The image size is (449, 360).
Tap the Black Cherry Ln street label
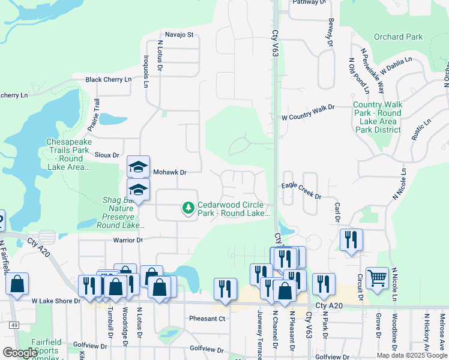pos(108,79)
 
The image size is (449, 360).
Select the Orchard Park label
pos(398,37)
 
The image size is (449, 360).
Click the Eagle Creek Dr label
pos(301,196)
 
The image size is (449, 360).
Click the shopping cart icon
pos(377,277)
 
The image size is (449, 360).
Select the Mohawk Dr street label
pos(170,172)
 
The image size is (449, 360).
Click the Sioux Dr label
pos(107,154)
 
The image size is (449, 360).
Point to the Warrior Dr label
pos(128,240)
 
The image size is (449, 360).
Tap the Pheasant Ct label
pos(206,319)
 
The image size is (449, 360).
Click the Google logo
pos(20,352)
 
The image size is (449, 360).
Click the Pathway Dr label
pos(309,2)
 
